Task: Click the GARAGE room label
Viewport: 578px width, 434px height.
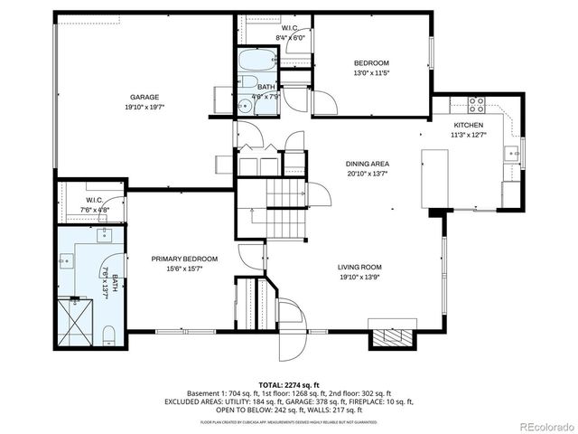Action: tap(145, 97)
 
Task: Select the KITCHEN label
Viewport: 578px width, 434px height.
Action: tap(468, 125)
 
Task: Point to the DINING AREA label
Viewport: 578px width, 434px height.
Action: tap(368, 164)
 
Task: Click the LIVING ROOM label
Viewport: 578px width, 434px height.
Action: tap(360, 267)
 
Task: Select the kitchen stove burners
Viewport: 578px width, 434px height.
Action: tap(475, 102)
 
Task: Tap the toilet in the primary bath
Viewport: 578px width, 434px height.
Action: tap(108, 336)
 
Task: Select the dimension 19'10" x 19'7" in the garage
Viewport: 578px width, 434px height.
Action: tap(145, 107)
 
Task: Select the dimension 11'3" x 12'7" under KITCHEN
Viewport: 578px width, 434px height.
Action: tap(468, 135)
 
